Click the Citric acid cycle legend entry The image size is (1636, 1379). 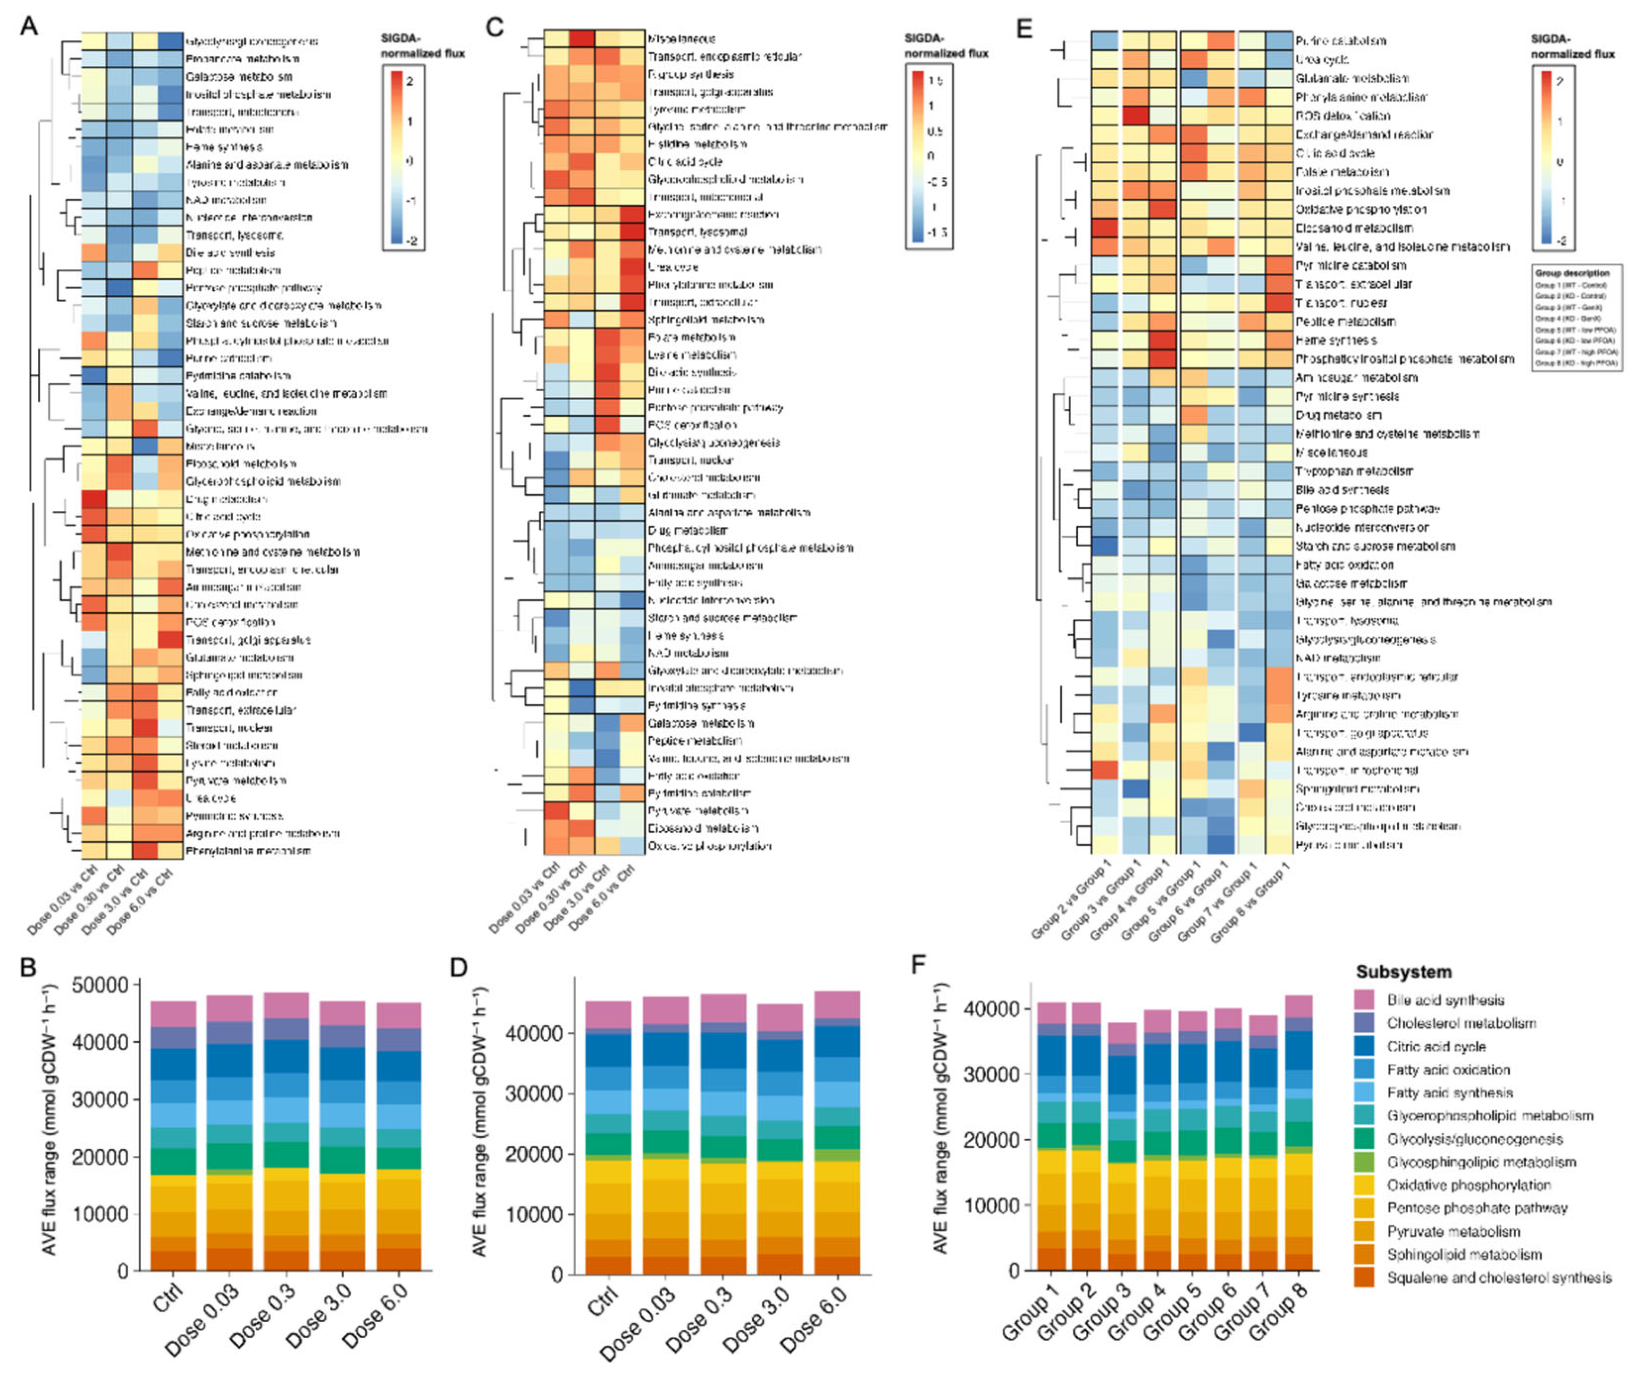1436,1046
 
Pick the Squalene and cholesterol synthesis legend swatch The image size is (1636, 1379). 1364,1277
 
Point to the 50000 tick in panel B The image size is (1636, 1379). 99,985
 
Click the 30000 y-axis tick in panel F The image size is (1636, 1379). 991,1074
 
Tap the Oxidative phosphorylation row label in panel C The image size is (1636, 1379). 709,846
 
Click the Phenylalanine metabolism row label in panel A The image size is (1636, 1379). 247,851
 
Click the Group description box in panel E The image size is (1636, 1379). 1576,317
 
